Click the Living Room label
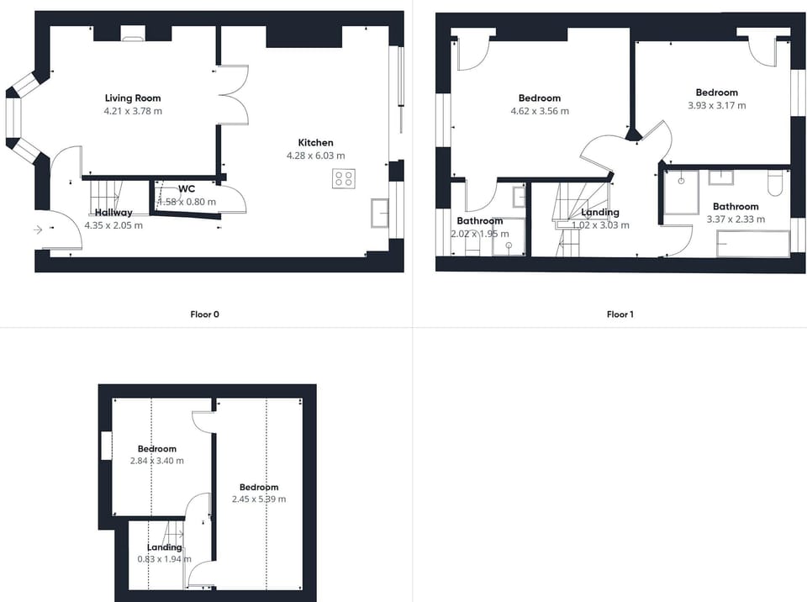pyautogui.click(x=133, y=98)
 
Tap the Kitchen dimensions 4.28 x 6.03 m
pyautogui.click(x=315, y=156)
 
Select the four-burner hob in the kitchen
pyautogui.click(x=343, y=179)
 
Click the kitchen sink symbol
pyautogui.click(x=380, y=213)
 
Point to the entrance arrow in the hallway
pyautogui.click(x=38, y=230)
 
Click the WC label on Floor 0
pyautogui.click(x=187, y=189)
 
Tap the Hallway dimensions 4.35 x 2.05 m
pyautogui.click(x=113, y=225)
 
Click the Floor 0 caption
pyautogui.click(x=205, y=314)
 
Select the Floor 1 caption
pyautogui.click(x=620, y=314)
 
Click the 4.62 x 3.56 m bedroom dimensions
pyautogui.click(x=540, y=111)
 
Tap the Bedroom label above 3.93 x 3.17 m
pyautogui.click(x=717, y=92)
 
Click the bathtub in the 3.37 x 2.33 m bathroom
pyautogui.click(x=753, y=244)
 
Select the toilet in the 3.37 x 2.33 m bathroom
pyautogui.click(x=774, y=182)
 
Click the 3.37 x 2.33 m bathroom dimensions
pyautogui.click(x=736, y=219)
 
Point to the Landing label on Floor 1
pyautogui.click(x=600, y=212)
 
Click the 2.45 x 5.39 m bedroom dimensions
pyautogui.click(x=259, y=499)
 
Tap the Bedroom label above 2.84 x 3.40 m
pyautogui.click(x=157, y=449)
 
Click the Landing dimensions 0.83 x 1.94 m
pyautogui.click(x=164, y=559)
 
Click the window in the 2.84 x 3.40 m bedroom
pyautogui.click(x=106, y=446)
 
